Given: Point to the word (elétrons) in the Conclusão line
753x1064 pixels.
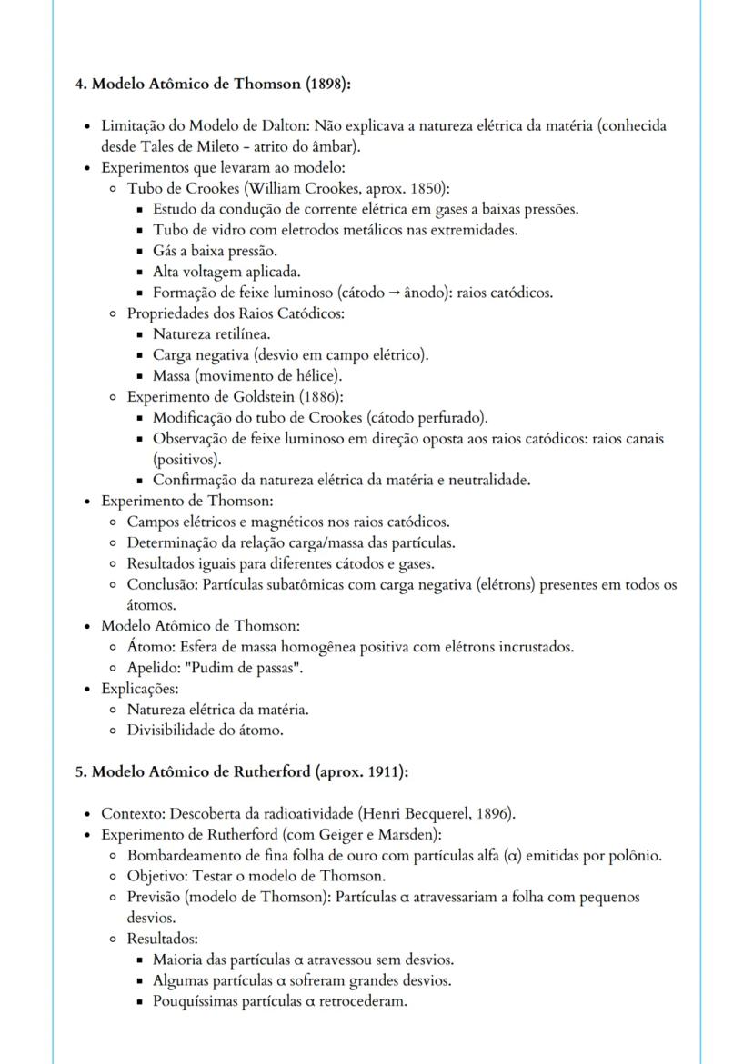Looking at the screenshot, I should tap(505, 584).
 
